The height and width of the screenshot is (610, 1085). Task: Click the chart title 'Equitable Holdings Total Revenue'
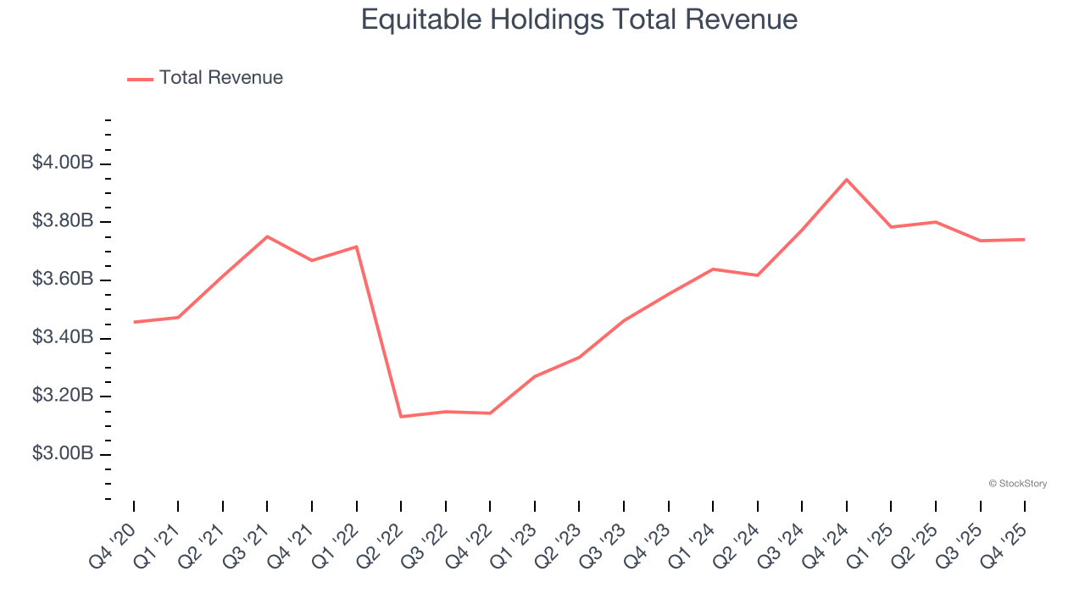[x=579, y=19]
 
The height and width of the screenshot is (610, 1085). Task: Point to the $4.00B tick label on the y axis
[x=63, y=163]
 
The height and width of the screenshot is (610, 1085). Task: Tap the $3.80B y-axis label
[x=63, y=221]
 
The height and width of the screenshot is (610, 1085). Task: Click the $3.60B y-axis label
[x=63, y=280]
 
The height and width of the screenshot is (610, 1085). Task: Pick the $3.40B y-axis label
[x=63, y=337]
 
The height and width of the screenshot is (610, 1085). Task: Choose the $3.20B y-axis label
[x=63, y=396]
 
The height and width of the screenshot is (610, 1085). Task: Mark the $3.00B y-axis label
[x=63, y=454]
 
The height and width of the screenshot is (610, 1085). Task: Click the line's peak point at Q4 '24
[x=847, y=180]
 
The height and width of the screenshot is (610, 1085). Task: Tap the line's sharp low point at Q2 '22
[x=401, y=417]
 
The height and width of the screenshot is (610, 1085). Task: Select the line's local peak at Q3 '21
[x=267, y=236]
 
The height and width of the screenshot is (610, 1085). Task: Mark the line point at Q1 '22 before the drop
[x=356, y=247]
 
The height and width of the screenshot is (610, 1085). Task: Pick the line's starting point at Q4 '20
[x=134, y=322]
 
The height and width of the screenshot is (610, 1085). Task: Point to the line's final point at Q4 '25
[x=1025, y=239]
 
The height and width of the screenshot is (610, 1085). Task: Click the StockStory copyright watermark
[x=1017, y=484]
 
